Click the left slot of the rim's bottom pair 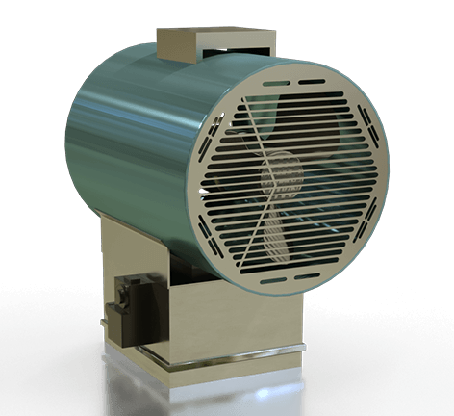click(x=273, y=279)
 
